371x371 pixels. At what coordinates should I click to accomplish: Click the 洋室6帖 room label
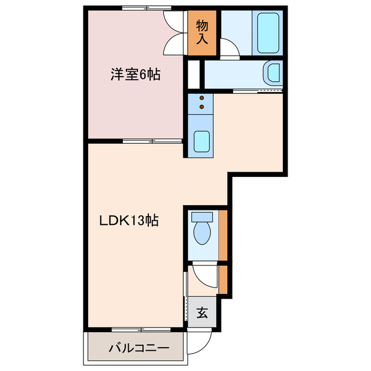pos(136,75)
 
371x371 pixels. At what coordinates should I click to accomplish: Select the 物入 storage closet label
pos(202,32)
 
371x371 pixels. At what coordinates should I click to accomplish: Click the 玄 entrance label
pos(202,313)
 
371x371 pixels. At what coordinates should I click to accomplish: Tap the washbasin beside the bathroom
pos(271,74)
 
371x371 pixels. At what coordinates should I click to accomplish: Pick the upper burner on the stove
pos(201,98)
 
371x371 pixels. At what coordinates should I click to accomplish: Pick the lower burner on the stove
pos(201,107)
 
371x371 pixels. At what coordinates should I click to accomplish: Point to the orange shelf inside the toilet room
pos(223,235)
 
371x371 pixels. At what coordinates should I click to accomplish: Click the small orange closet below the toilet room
pos(223,279)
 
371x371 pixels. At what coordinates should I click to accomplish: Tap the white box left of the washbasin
pos(194,73)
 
